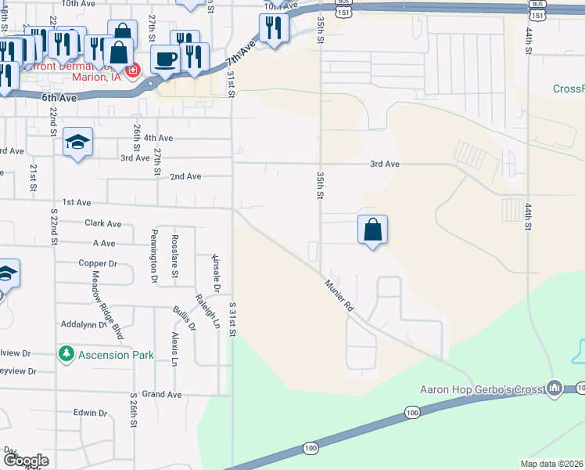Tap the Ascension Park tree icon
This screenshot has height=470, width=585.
point(67,354)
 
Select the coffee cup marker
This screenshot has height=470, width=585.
point(165,59)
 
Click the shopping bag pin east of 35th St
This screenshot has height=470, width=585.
point(373,230)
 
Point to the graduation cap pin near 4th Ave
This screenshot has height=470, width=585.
point(77,142)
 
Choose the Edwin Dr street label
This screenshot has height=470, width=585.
point(90,413)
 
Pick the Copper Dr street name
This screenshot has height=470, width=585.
point(98,263)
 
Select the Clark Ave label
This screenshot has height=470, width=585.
point(103,223)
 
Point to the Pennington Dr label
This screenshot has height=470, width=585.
point(154,255)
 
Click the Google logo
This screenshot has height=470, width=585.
point(26,461)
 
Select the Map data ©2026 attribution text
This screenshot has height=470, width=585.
point(551,464)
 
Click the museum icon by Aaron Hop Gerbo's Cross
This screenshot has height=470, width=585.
point(554,388)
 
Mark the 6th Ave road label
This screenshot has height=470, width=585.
point(59,98)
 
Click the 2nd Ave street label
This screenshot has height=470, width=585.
point(186,177)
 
